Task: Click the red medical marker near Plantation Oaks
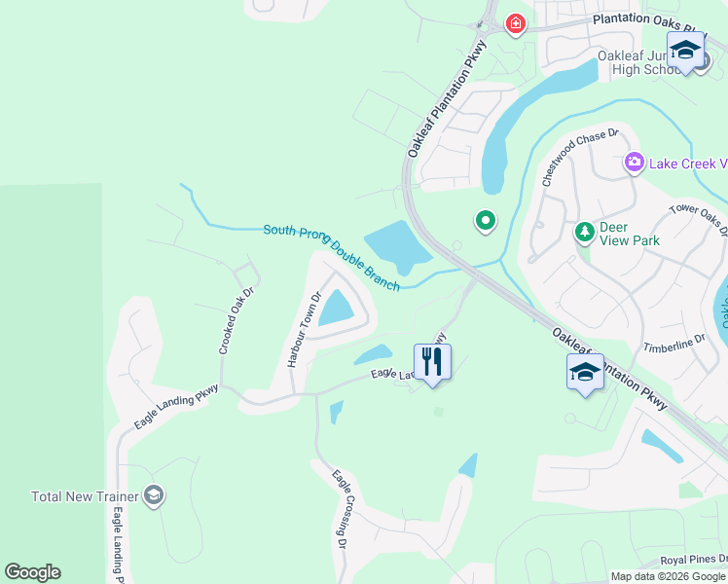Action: [515, 23]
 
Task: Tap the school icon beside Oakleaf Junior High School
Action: [685, 51]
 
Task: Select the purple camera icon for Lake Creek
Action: [636, 162]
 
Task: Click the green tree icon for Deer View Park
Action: [584, 232]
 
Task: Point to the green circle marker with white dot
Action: [485, 222]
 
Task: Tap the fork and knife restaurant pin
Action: [432, 362]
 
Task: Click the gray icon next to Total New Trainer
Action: [153, 496]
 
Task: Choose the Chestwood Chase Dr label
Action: [580, 158]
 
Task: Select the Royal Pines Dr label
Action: [693, 560]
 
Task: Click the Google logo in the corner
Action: [32, 572]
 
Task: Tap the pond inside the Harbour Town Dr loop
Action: [337, 308]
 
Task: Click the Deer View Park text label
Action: [629, 234]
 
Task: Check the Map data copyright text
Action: [668, 576]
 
